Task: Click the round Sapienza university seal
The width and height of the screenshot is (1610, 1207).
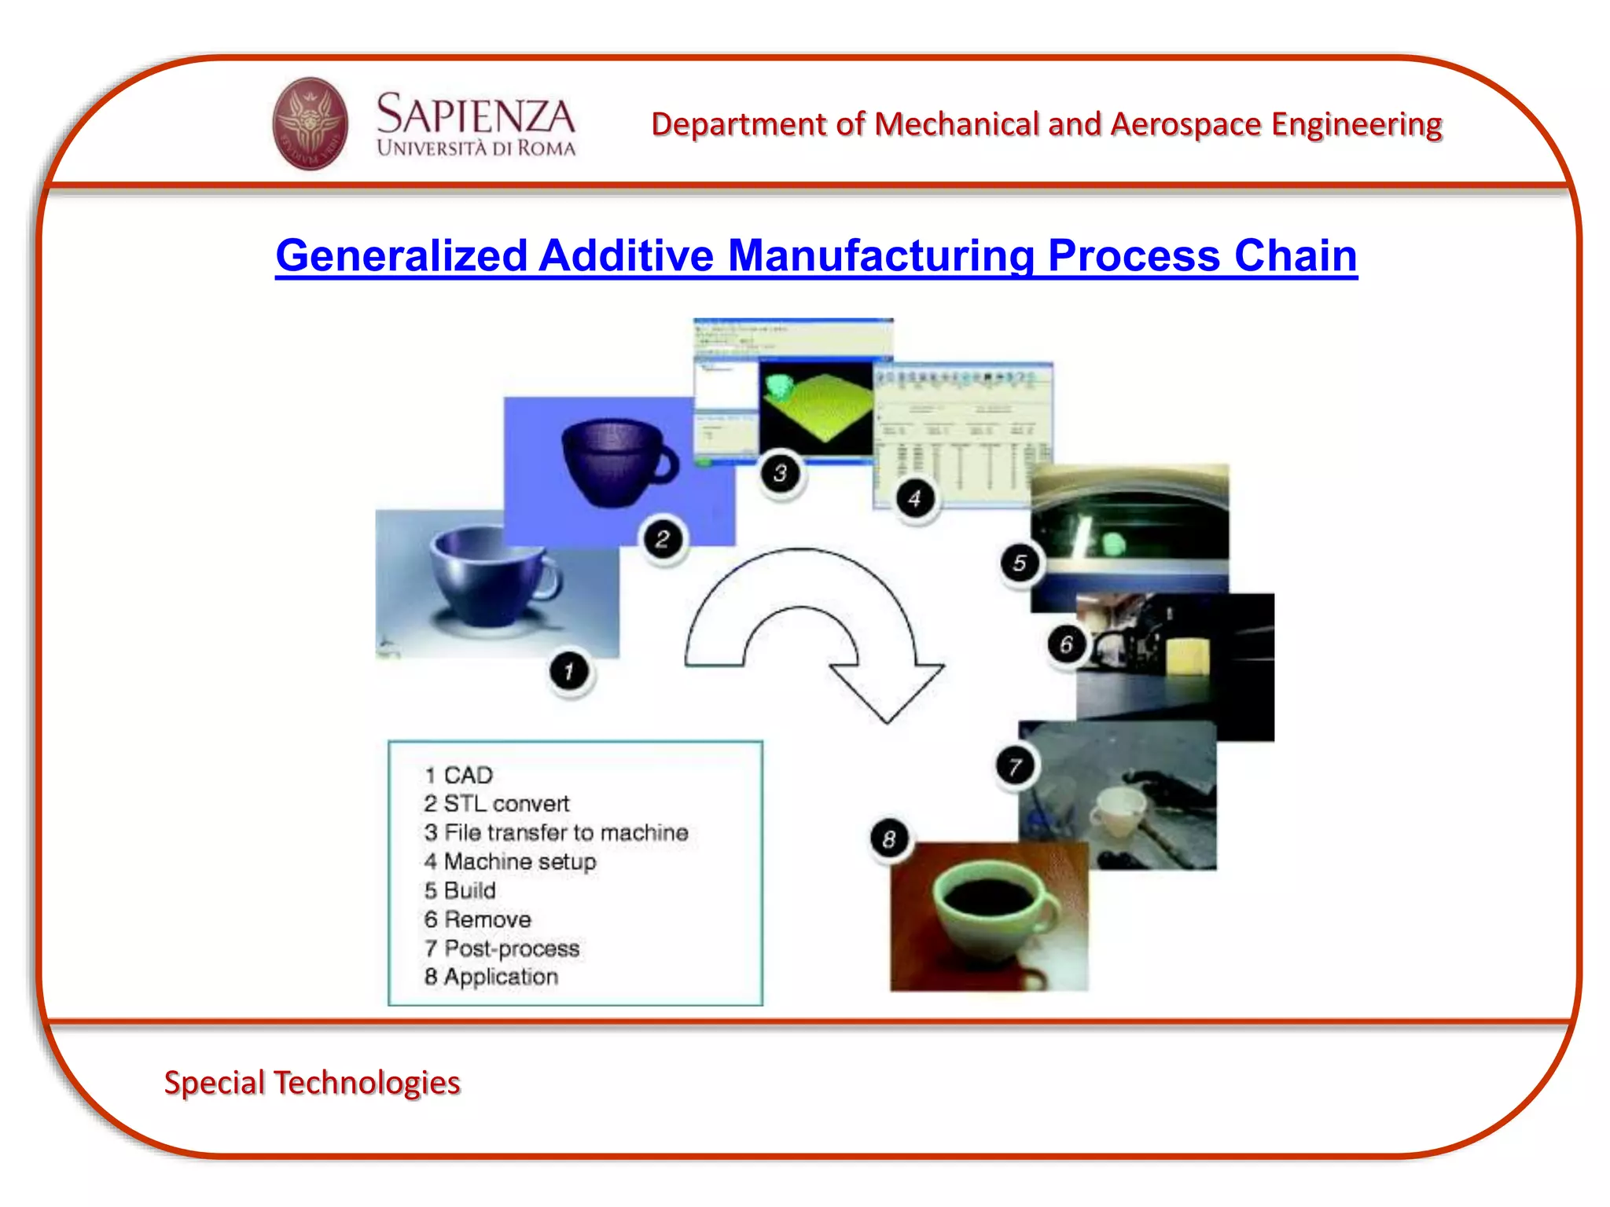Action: [310, 123]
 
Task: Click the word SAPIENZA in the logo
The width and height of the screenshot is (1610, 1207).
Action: [476, 115]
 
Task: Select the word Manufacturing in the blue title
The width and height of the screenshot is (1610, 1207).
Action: [880, 256]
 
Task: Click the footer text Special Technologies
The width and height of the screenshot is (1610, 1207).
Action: [312, 1082]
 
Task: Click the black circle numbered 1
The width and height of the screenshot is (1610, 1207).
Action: [569, 672]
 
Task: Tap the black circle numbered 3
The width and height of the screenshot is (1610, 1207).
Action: [780, 473]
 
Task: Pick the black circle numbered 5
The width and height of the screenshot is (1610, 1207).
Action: [1020, 563]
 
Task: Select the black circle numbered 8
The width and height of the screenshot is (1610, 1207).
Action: [889, 839]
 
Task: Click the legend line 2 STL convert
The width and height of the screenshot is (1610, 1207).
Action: [496, 804]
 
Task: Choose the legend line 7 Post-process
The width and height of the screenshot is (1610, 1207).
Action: [502, 948]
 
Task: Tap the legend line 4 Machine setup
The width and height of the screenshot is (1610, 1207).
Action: [510, 861]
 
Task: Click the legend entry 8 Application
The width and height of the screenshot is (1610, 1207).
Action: [491, 977]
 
